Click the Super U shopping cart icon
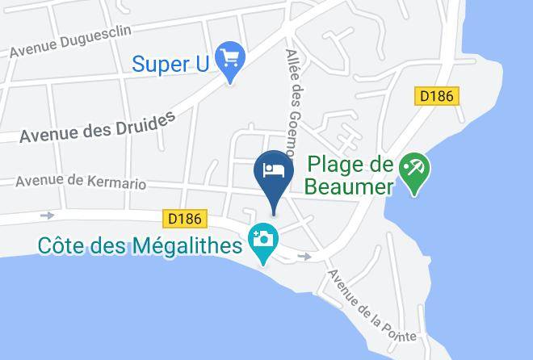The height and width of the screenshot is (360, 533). (232, 59)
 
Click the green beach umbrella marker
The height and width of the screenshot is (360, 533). (418, 170)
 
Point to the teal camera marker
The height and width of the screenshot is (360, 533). (263, 240)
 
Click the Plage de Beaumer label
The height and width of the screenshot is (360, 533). (349, 177)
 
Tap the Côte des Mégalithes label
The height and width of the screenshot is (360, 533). (139, 245)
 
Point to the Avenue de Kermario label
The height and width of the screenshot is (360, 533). (81, 182)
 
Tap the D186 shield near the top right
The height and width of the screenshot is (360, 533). (437, 96)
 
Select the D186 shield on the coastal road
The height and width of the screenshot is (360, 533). (185, 218)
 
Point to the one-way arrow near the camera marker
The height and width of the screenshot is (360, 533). (304, 257)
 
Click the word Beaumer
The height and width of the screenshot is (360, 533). (349, 187)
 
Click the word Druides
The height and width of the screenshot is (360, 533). (145, 122)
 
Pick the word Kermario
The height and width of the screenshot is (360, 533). (119, 183)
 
